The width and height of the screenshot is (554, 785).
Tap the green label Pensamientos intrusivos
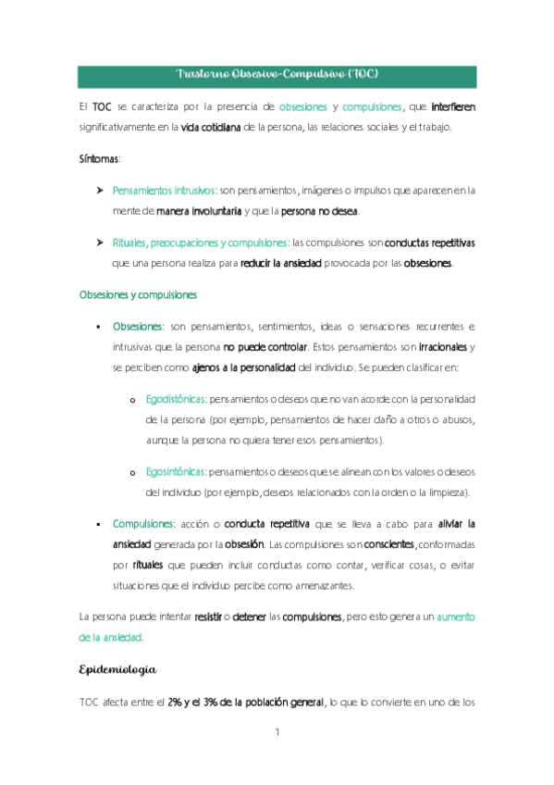[164, 191]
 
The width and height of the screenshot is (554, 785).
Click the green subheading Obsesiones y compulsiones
[138, 294]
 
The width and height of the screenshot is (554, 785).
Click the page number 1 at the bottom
[277, 733]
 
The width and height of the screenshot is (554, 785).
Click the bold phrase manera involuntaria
[199, 210]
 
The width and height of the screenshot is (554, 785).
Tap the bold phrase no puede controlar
[265, 346]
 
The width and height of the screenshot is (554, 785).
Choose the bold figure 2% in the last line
[174, 702]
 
